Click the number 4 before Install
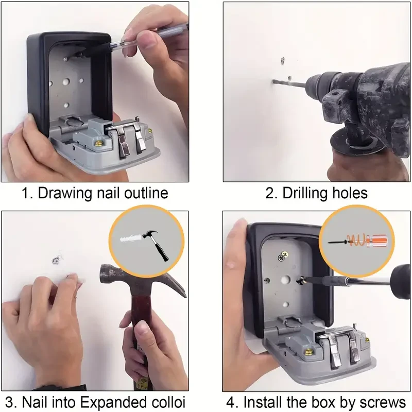tap(232, 401)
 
